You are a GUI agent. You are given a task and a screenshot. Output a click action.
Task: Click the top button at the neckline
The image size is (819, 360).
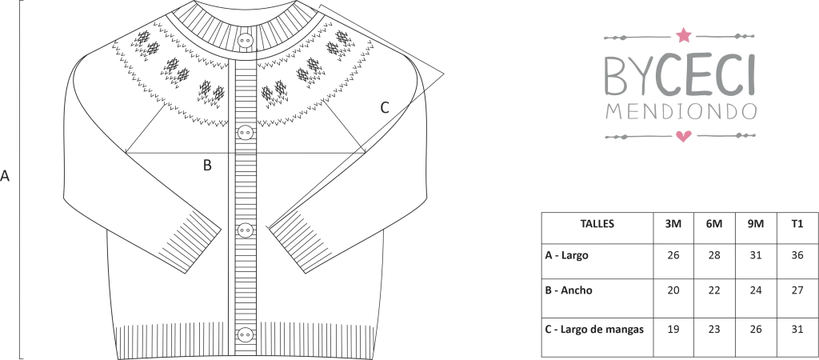coord(245,41)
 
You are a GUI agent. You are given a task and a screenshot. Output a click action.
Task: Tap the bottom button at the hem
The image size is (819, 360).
coord(245,334)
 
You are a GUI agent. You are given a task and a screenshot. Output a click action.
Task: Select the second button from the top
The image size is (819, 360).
coord(245,133)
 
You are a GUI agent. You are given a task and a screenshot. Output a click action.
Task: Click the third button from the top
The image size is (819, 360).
coord(245,230)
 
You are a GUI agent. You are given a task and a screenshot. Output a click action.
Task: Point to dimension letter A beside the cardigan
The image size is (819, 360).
coord(5,176)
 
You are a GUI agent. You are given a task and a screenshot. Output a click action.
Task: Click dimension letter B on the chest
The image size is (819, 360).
coord(207,165)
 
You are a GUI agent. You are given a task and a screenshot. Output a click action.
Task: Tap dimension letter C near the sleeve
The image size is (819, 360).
coord(385,108)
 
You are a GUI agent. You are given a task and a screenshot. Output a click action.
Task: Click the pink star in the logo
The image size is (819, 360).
coord(683,35)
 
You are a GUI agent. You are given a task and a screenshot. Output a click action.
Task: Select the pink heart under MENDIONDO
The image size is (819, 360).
coord(683,136)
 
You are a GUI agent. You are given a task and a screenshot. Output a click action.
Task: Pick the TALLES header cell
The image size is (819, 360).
coord(597,224)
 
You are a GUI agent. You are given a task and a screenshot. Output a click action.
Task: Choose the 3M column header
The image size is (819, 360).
coord(673,224)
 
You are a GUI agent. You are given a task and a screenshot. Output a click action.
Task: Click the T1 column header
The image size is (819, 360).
coord(797,224)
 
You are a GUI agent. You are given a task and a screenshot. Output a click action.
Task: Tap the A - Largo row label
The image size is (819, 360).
coord(566,255)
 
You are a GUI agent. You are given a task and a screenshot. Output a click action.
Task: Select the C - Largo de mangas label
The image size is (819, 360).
coord(594,329)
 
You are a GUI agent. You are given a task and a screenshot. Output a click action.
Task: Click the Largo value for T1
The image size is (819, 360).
coord(797,255)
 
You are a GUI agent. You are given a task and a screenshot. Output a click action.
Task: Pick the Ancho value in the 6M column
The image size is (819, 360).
coord(714,290)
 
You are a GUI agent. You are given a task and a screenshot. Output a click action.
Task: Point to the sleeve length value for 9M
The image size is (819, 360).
coord(756,329)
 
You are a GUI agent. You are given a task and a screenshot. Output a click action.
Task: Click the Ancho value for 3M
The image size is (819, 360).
coord(673,290)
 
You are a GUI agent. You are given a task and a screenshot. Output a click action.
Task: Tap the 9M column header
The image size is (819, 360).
coord(755,224)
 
